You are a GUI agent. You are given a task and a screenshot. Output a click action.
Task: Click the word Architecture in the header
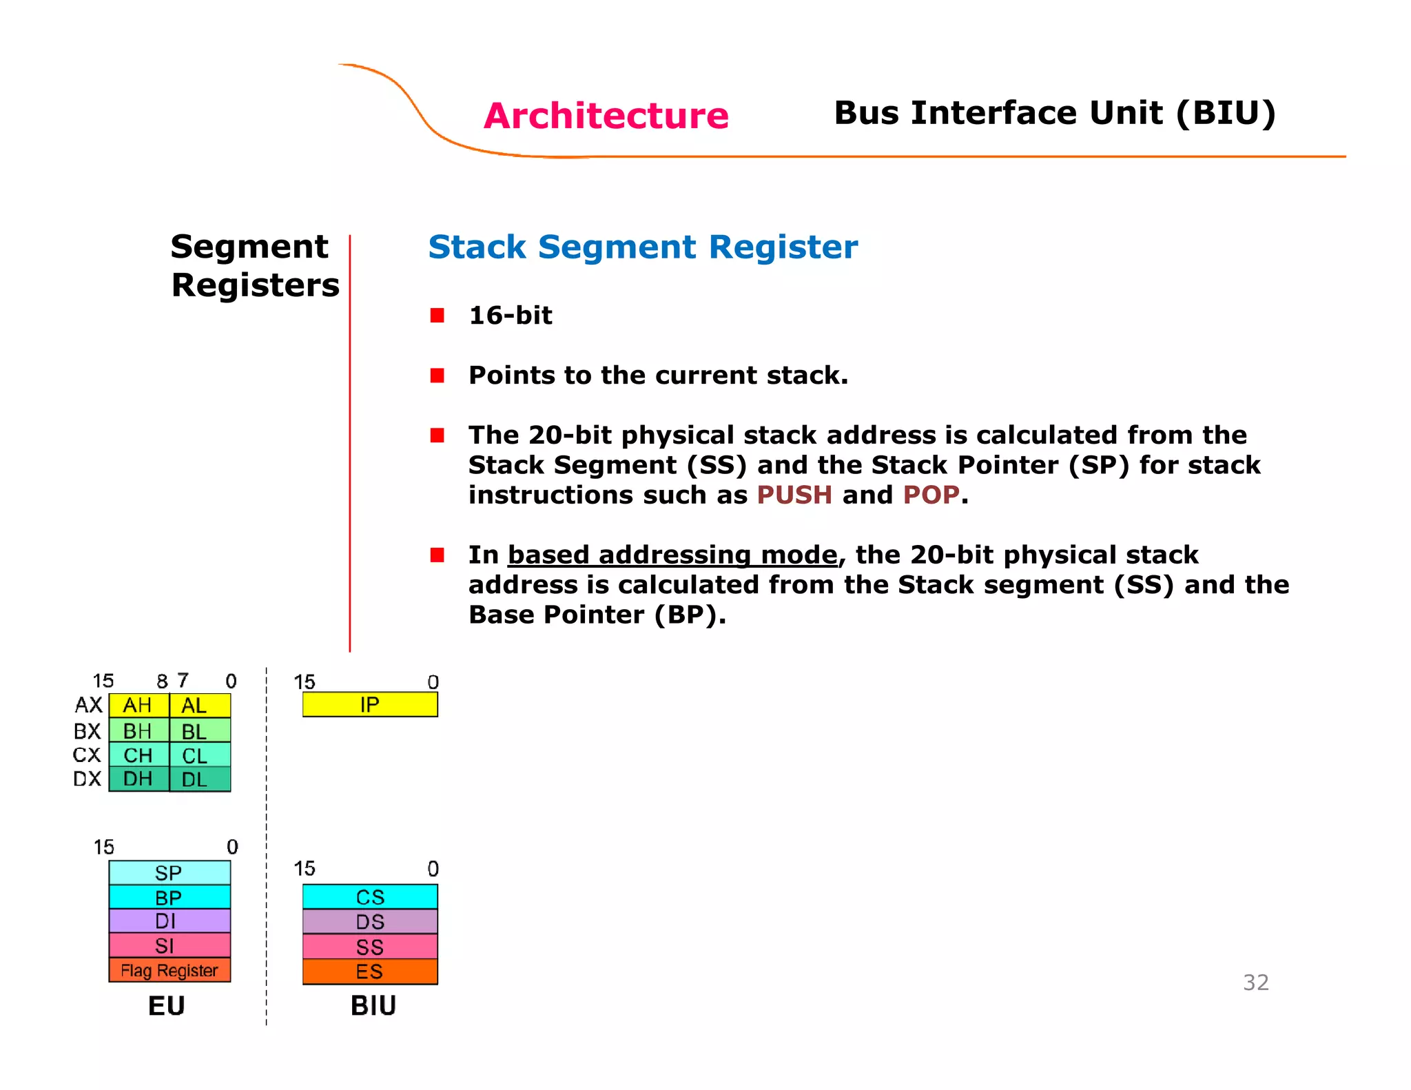606,115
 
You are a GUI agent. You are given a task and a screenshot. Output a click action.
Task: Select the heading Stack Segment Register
642,247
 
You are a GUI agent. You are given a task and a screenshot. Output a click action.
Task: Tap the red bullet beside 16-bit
437,316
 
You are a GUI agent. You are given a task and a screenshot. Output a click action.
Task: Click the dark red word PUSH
794,495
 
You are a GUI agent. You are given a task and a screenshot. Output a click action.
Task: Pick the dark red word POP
931,495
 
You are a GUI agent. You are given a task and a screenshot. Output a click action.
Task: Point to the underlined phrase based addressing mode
672,555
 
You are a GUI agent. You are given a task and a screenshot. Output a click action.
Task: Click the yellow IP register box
370,705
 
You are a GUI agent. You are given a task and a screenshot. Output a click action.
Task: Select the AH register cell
138,706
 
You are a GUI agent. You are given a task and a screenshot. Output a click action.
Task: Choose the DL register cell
199,779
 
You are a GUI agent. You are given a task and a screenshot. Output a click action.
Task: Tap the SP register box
169,873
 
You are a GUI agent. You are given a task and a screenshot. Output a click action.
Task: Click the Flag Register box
169,970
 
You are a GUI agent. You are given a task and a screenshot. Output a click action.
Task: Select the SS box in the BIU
370,947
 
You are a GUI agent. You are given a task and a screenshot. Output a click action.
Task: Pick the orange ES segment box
370,971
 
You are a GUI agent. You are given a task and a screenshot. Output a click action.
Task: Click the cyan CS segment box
370,897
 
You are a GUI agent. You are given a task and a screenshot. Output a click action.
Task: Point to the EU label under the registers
167,1006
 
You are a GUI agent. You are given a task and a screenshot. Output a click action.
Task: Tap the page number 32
1255,983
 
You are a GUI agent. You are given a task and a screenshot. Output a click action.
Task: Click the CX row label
87,755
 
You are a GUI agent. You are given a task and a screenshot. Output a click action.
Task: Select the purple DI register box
169,921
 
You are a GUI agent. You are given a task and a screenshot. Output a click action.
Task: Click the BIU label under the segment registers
373,1006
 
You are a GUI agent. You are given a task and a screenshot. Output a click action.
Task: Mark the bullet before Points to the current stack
437,376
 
